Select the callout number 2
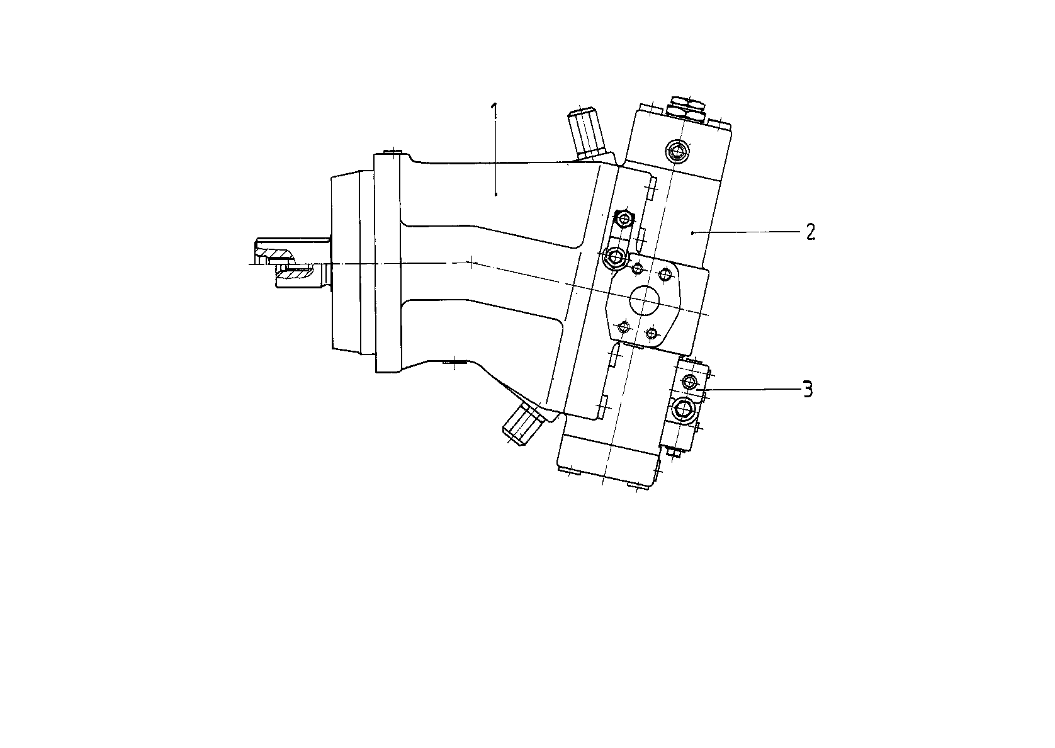(x=810, y=232)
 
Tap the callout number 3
(x=808, y=390)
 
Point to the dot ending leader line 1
(x=496, y=193)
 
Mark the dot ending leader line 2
(x=692, y=232)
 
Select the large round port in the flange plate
(x=645, y=300)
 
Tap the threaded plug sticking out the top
(x=586, y=135)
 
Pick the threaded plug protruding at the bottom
(x=523, y=424)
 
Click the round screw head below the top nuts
(x=677, y=150)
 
